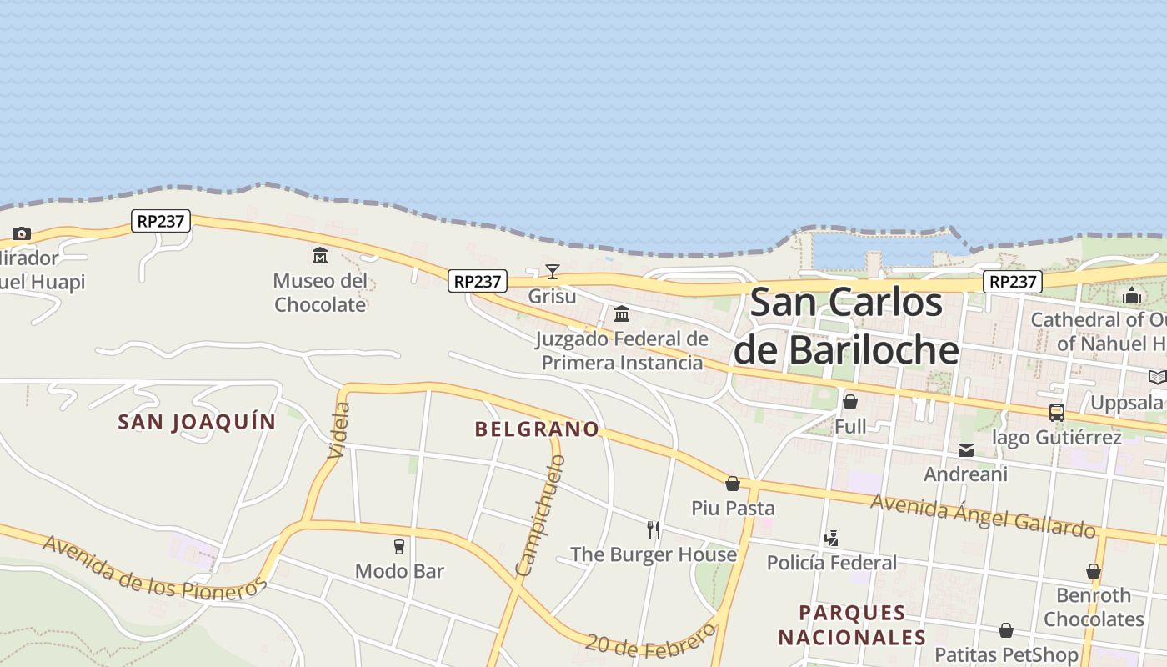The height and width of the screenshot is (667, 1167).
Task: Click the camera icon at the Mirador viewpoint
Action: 22,233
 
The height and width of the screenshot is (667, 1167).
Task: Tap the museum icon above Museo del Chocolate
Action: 320,255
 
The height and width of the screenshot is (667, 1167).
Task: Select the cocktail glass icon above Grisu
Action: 552,271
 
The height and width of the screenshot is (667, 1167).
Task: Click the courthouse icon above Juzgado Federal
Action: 622,314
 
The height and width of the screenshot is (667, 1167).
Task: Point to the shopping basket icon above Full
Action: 850,402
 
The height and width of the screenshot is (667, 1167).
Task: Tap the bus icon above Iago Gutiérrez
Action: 1056,412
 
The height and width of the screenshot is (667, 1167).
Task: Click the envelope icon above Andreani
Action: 966,450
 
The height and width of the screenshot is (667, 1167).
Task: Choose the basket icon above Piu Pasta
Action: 733,484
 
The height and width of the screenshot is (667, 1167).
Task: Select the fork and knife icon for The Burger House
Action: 654,529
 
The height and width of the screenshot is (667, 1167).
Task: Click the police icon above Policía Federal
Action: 831,539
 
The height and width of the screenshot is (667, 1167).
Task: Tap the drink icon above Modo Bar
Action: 399,547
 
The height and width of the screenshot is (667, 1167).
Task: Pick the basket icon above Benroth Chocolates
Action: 1094,571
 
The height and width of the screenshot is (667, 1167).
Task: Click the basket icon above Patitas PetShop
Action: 1006,630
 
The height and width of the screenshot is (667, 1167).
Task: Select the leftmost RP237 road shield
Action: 161,221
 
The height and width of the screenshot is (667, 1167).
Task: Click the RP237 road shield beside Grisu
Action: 477,282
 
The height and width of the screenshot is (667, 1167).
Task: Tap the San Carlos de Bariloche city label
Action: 846,327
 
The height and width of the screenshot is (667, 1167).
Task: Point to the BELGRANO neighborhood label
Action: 537,429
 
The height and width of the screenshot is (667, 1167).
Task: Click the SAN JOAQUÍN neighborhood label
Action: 197,422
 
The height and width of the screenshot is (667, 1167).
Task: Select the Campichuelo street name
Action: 540,516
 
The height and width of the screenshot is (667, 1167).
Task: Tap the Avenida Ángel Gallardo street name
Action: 983,515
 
